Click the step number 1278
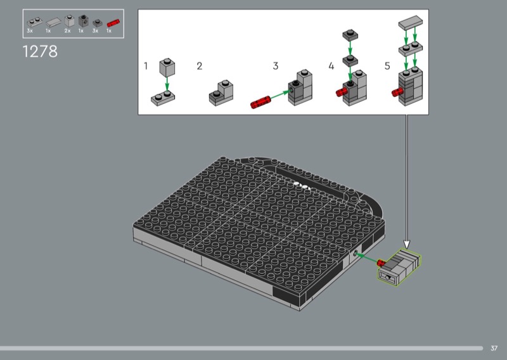click(40, 51)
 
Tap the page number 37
click(494, 348)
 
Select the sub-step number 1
click(146, 66)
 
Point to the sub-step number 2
click(200, 66)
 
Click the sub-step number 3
click(276, 66)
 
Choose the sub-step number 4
click(331, 66)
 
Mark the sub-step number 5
click(387, 66)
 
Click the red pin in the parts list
click(113, 23)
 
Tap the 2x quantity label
click(67, 30)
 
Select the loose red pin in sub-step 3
click(260, 102)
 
